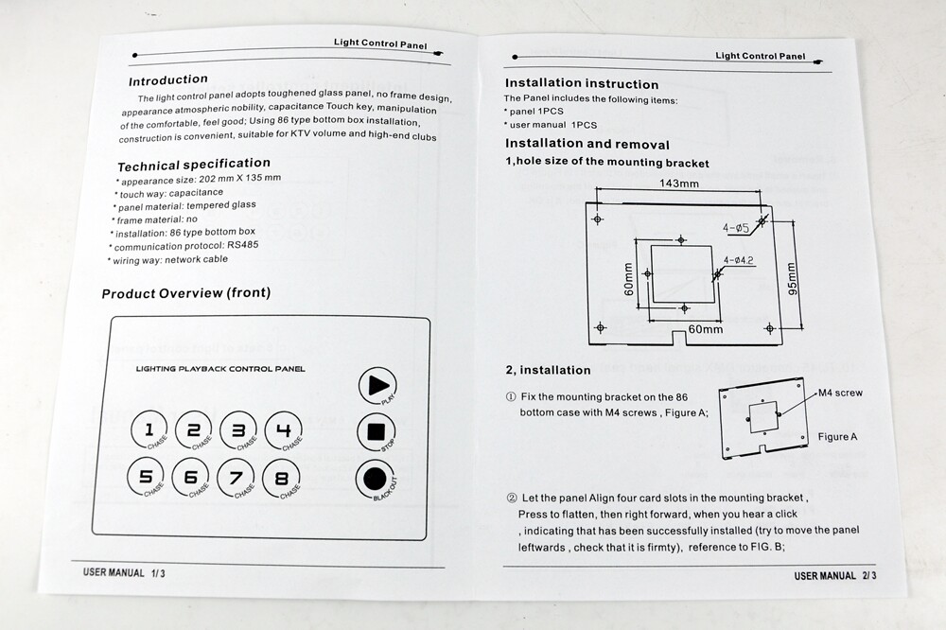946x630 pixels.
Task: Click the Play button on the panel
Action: [377, 385]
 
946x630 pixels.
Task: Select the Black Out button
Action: [376, 479]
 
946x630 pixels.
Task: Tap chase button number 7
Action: [236, 478]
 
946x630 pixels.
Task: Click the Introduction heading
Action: [168, 80]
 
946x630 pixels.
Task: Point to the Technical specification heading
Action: [194, 164]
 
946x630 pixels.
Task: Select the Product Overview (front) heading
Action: [186, 293]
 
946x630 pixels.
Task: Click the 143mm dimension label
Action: [679, 184]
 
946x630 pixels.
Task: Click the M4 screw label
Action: [840, 393]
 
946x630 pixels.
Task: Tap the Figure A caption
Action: [838, 437]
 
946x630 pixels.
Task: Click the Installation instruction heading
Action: [582, 84]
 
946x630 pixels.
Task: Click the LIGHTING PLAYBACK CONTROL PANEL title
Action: [220, 369]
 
